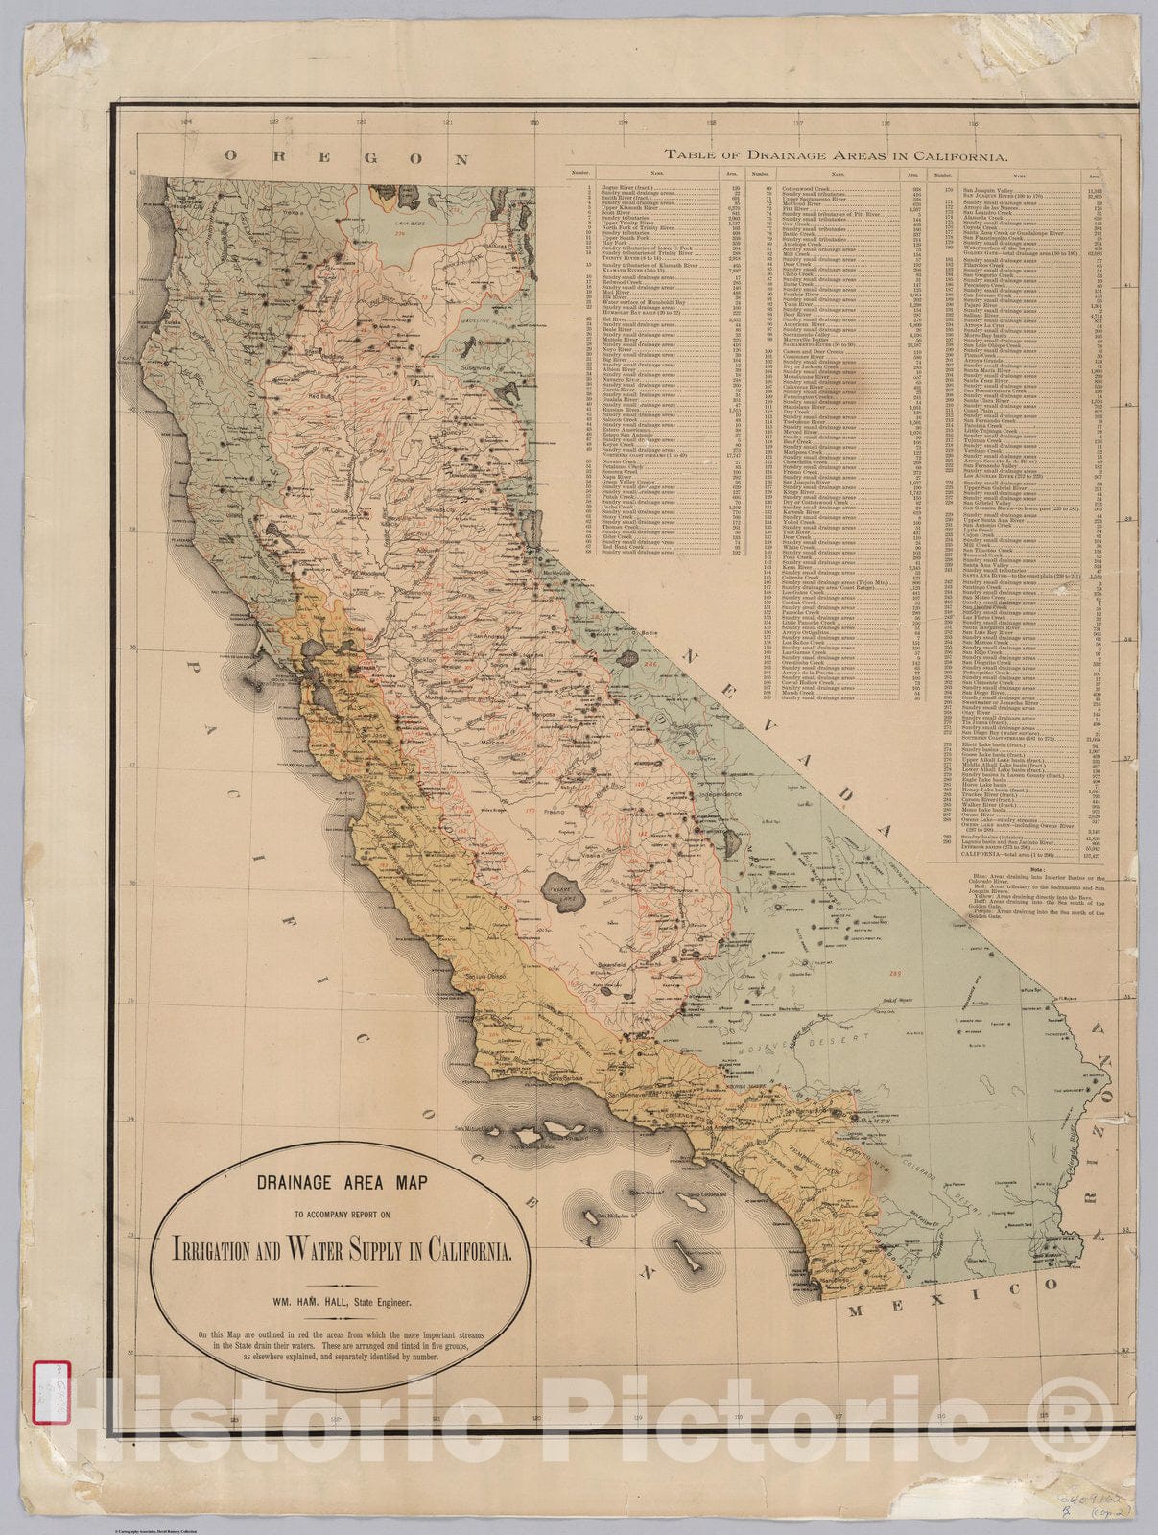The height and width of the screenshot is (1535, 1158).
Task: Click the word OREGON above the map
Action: pyautogui.click(x=347, y=159)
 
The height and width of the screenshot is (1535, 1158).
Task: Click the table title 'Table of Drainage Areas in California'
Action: pyautogui.click(x=835, y=154)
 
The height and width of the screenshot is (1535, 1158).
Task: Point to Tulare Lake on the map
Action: pyautogui.click(x=559, y=884)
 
